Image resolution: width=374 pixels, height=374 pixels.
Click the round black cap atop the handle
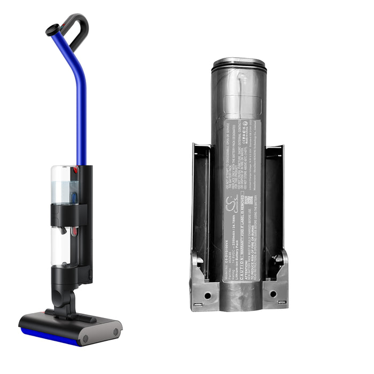52,30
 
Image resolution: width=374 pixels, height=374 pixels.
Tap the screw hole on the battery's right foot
273,293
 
